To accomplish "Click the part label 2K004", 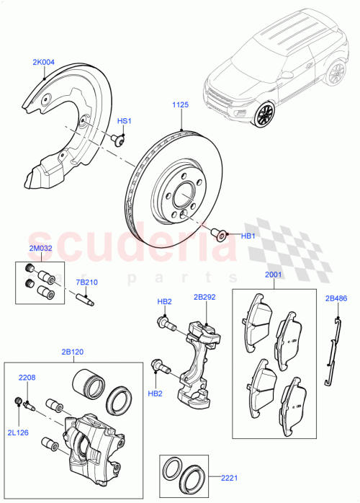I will coord(43,63).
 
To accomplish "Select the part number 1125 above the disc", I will coord(180,105).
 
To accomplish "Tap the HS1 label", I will coord(125,121).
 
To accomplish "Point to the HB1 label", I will coord(248,235).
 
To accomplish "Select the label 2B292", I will coord(204,296).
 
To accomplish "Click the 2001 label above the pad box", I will coord(274,275).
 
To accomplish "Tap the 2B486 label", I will coord(336,298).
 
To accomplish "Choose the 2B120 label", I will coord(72,352).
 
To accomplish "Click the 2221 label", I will coord(228,476).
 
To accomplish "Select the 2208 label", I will coord(27,377).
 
